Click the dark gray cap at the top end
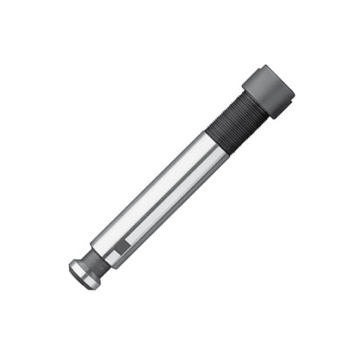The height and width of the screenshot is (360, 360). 268,90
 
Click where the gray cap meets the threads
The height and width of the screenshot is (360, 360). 254,103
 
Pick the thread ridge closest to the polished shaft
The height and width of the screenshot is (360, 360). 216,140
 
